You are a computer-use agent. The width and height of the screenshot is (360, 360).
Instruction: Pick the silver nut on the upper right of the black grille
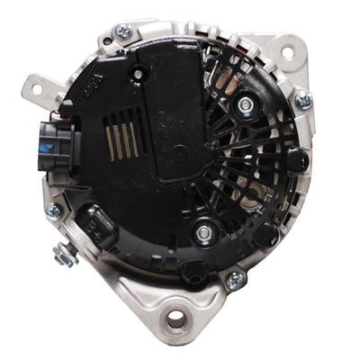[x=245, y=106]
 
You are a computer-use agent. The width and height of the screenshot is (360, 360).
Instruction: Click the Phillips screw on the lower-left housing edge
[x=53, y=211]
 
